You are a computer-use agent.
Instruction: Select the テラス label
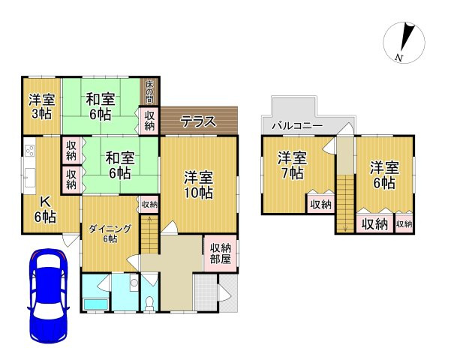point(198,121)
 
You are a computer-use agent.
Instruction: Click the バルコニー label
point(297,125)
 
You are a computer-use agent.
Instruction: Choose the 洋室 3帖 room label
point(41,106)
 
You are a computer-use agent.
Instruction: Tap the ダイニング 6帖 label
point(110,233)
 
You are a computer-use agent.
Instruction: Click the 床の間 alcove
point(150,91)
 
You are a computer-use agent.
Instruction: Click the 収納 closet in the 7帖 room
point(320,204)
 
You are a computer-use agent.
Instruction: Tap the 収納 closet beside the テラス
point(150,120)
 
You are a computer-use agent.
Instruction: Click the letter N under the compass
point(399,58)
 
